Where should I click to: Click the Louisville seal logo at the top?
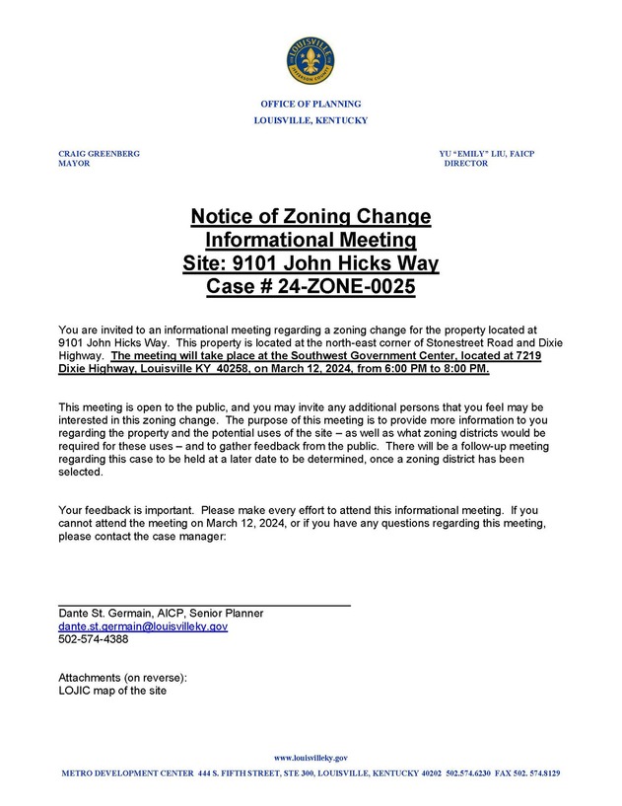click(x=311, y=61)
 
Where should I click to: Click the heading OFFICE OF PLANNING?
click(x=311, y=105)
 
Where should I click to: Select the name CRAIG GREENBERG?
click(x=99, y=154)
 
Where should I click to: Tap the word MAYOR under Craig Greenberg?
click(x=74, y=164)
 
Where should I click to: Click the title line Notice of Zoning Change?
click(x=311, y=217)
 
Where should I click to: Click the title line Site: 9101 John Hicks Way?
click(x=311, y=264)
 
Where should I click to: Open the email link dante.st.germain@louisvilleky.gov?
click(x=143, y=626)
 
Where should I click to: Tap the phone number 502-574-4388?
click(x=94, y=639)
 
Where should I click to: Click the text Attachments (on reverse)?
click(x=122, y=678)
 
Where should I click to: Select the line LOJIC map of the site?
click(x=112, y=691)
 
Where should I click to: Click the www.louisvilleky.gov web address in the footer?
click(x=311, y=758)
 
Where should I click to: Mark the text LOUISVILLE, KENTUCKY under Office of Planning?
click(x=311, y=120)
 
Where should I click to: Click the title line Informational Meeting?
click(x=311, y=241)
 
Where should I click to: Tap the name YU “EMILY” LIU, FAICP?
click(x=487, y=154)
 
